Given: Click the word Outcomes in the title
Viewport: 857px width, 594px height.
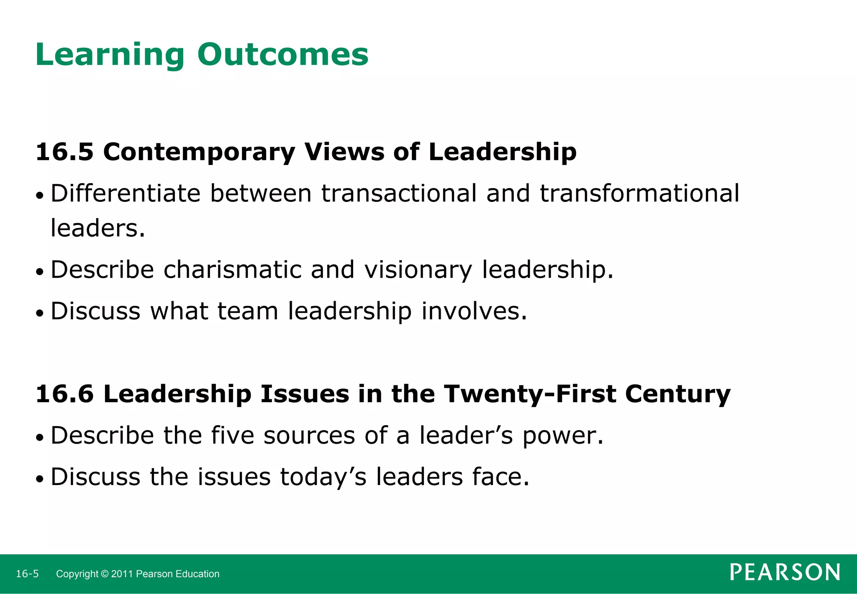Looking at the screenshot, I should tap(283, 54).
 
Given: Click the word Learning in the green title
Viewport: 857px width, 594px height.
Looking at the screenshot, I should tap(110, 55).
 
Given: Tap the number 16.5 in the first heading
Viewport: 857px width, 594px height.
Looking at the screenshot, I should tap(64, 152).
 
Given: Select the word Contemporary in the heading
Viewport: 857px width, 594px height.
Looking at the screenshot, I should tap(199, 152).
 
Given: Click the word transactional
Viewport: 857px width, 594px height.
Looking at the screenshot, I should tap(399, 194).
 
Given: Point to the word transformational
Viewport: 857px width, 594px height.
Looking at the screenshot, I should tap(639, 194).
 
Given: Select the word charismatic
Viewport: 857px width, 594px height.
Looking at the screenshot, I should tap(232, 269).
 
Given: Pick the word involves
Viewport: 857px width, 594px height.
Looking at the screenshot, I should tap(474, 311).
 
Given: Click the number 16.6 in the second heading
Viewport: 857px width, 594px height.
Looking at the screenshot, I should tap(64, 394).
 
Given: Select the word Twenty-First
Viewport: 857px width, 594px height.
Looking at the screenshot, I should tap(530, 395).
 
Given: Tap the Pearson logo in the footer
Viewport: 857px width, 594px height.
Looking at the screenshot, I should tap(785, 573).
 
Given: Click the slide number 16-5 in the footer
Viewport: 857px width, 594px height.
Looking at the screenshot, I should tap(27, 574).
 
